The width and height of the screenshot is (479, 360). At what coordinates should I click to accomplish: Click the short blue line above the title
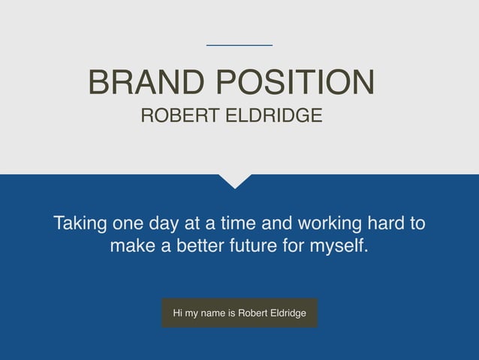pyautogui.click(x=239, y=46)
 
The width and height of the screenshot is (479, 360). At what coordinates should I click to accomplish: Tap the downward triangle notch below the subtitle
pyautogui.click(x=236, y=180)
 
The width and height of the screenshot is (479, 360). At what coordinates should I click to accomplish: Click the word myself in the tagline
pyautogui.click(x=341, y=246)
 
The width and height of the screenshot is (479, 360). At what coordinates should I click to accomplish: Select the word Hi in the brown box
pyautogui.click(x=178, y=313)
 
